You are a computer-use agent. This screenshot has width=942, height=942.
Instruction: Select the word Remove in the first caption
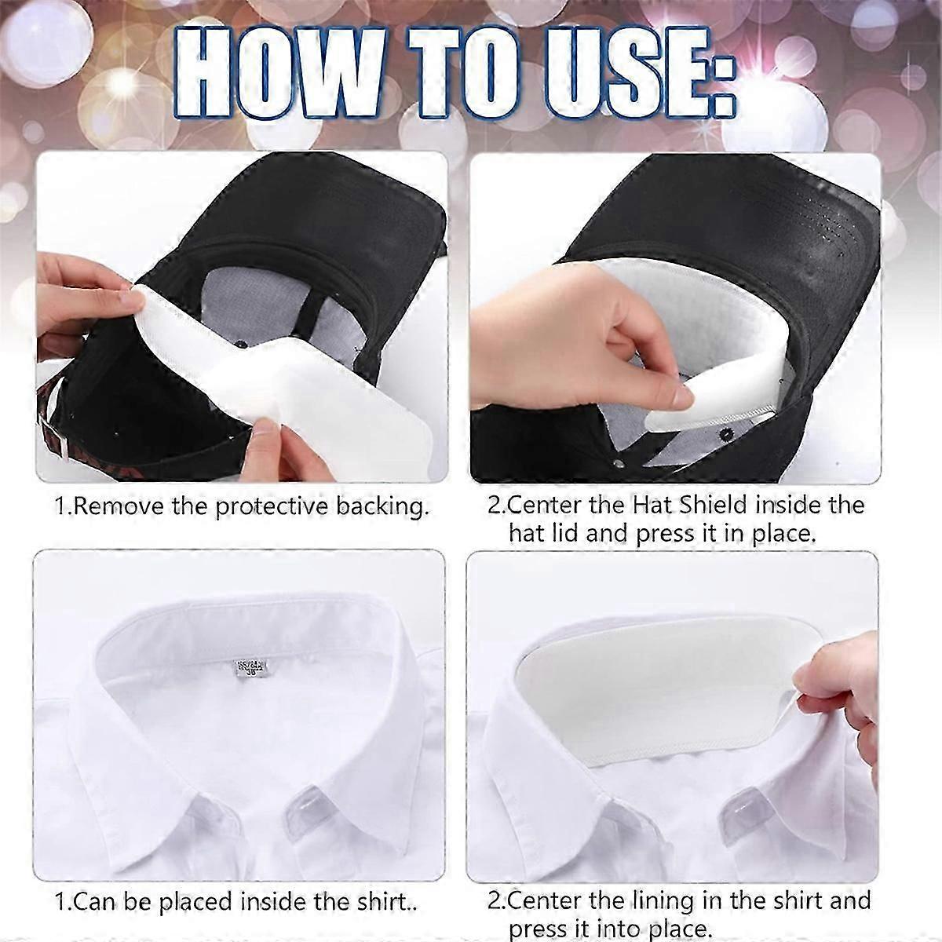pos(121,506)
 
